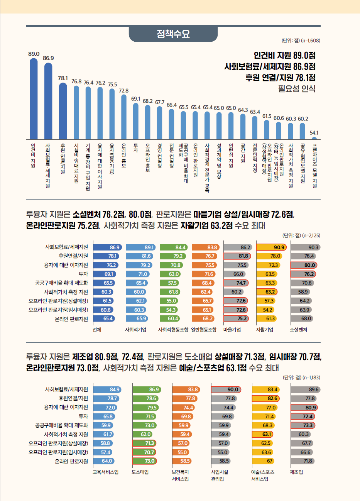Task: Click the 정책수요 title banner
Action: [x=173, y=34]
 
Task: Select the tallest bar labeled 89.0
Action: [x=34, y=98]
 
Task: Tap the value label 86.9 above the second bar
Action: [x=48, y=58]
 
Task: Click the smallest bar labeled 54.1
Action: [x=314, y=138]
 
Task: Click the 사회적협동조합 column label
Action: [x=173, y=330]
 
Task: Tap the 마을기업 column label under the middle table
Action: [x=232, y=330]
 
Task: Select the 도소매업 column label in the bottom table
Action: [x=140, y=472]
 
